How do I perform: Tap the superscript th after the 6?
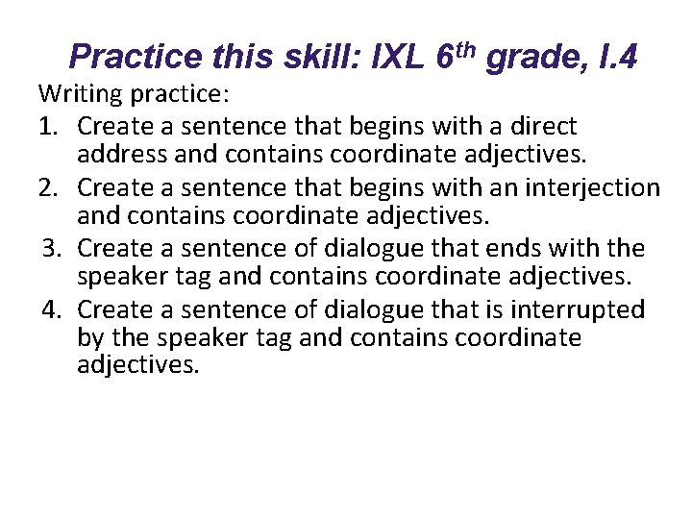click(x=466, y=48)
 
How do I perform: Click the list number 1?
click(x=48, y=126)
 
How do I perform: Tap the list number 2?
click(x=48, y=186)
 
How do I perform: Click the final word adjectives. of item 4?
click(x=137, y=366)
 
